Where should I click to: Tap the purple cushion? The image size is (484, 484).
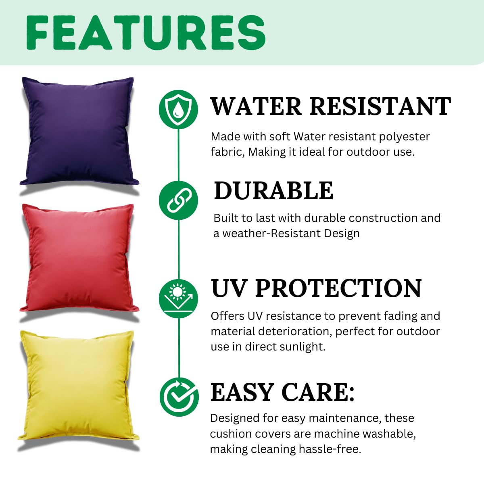pyautogui.click(x=79, y=131)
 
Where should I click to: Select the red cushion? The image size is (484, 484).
pyautogui.click(x=79, y=258)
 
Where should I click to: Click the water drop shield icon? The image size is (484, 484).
pyautogui.click(x=178, y=109)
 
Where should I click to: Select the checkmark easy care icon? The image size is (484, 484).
pyautogui.click(x=179, y=397)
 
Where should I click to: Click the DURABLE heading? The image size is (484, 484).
pyautogui.click(x=273, y=191)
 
